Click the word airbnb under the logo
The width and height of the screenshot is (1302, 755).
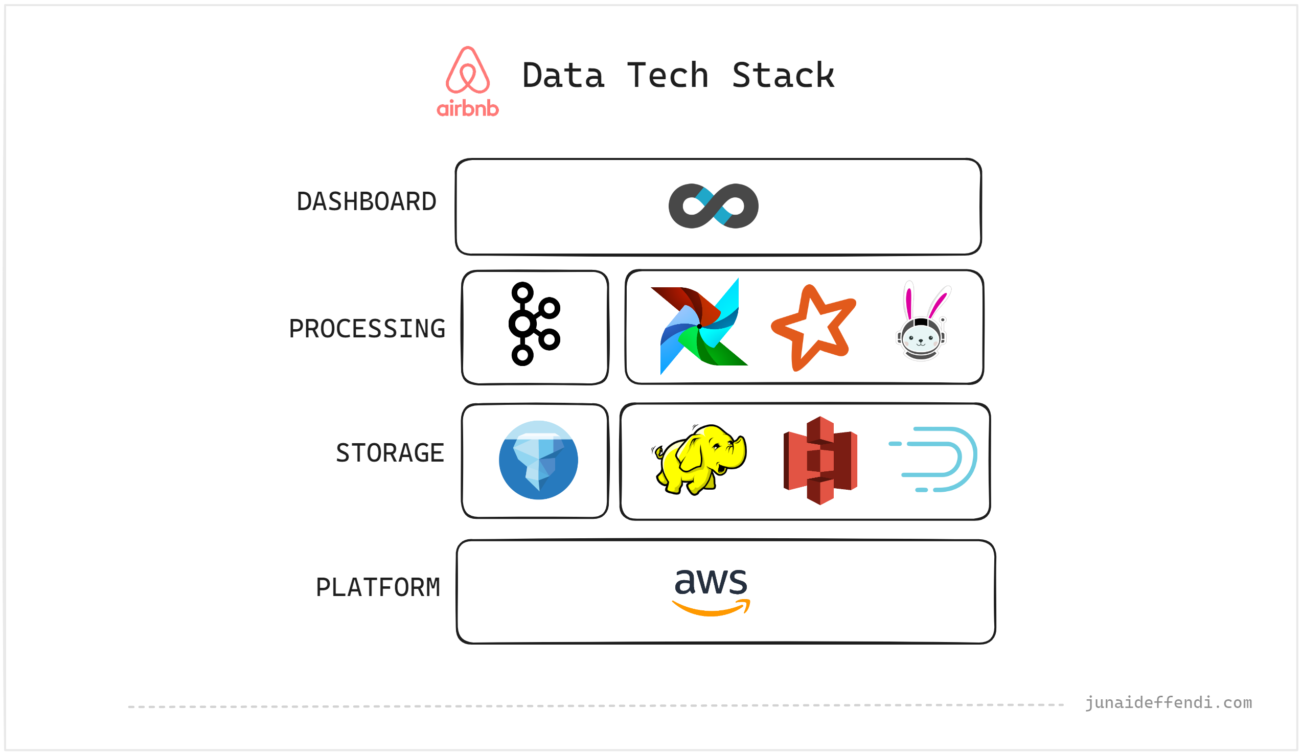[468, 108]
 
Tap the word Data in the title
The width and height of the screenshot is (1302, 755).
[563, 76]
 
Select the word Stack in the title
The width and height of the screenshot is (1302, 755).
[783, 76]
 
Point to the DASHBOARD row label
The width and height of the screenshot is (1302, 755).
[367, 201]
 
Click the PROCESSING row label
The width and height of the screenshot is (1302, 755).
[367, 329]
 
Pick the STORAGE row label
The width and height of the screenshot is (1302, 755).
[390, 453]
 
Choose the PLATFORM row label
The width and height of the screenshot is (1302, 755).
[378, 587]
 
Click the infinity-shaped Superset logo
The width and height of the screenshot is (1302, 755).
[713, 205]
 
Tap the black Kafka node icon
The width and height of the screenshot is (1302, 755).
[533, 324]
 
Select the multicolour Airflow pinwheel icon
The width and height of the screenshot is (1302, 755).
[698, 327]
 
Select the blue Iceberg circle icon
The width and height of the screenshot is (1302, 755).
[538, 460]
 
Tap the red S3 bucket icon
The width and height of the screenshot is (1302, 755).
[820, 461]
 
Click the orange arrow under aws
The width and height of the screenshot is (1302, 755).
[712, 608]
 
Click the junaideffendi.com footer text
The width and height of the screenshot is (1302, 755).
[1168, 703]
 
